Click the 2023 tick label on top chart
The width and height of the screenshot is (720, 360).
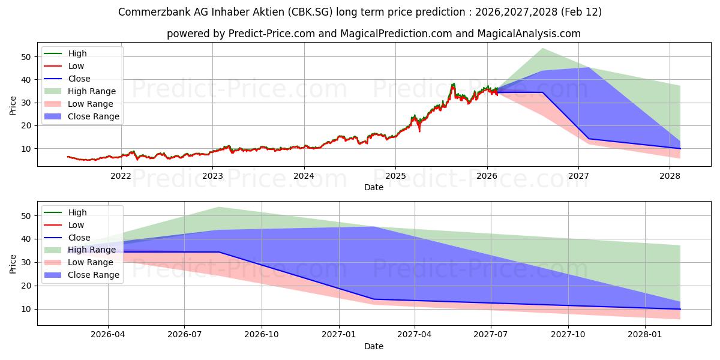(212, 176)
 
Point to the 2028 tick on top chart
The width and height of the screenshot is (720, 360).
(670, 176)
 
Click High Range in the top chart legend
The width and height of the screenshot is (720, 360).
(92, 91)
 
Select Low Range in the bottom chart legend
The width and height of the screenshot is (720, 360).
(91, 262)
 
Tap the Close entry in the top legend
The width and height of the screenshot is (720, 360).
(79, 79)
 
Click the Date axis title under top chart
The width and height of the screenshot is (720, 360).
(374, 187)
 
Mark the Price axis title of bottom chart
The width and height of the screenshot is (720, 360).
(13, 263)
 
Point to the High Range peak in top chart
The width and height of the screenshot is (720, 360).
(542, 48)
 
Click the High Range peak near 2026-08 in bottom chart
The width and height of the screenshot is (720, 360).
(219, 207)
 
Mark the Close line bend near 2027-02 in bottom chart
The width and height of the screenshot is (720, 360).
(374, 299)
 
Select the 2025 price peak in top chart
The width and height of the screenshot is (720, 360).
(454, 84)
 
